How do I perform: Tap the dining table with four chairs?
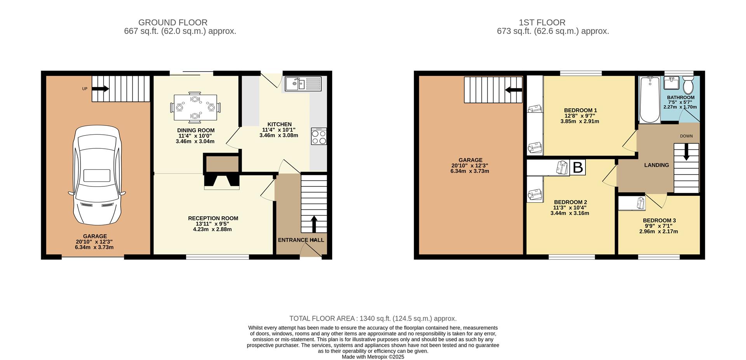(x=195, y=106)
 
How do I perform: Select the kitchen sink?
(x=303, y=83)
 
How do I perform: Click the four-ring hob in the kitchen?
(x=319, y=136)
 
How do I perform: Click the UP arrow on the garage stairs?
(x=101, y=89)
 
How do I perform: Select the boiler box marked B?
(x=577, y=167)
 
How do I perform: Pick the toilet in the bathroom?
(x=688, y=83)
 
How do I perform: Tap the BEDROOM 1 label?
(x=580, y=110)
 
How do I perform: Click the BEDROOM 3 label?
(x=659, y=221)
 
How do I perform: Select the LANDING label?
(x=657, y=165)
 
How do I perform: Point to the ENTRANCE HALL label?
(x=301, y=240)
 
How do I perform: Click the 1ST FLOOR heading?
(x=553, y=23)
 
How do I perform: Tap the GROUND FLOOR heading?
(x=173, y=23)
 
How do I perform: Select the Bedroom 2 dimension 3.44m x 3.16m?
(x=570, y=213)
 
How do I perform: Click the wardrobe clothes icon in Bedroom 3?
(x=640, y=203)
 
